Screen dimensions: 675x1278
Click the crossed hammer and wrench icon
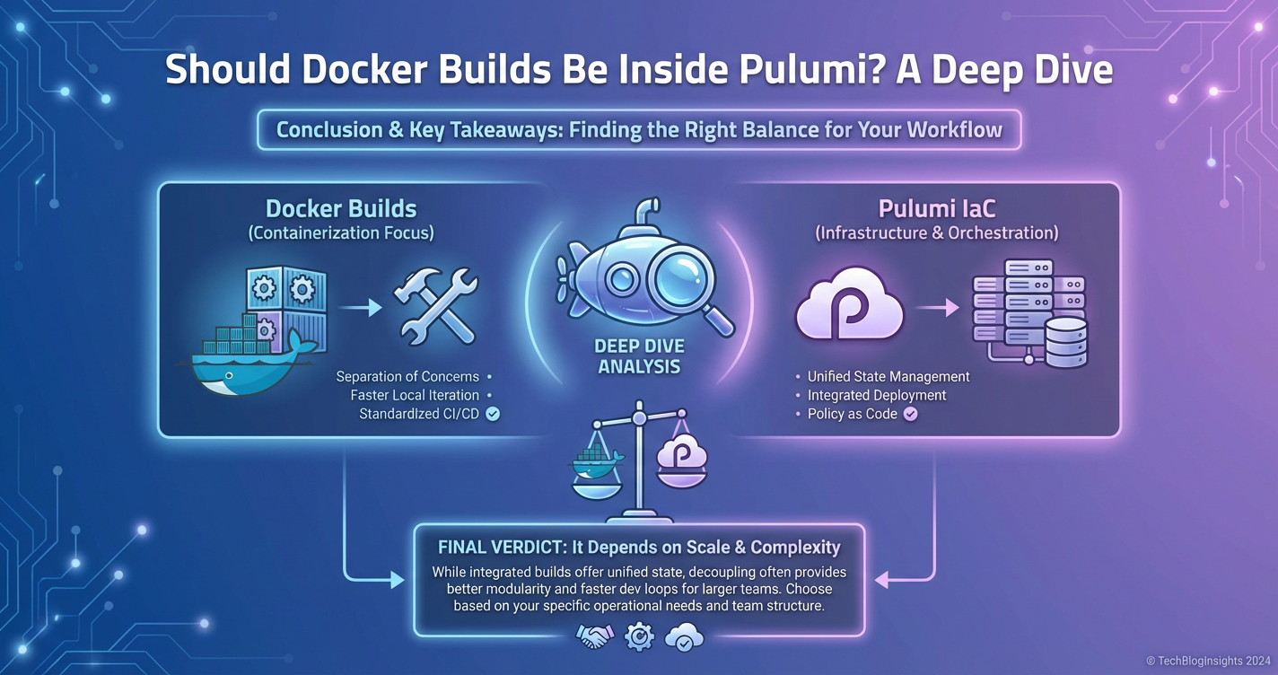click(x=436, y=306)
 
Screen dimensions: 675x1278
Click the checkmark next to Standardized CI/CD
click(x=493, y=414)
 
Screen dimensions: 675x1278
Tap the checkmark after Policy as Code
click(x=911, y=414)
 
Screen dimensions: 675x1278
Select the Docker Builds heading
click(x=341, y=209)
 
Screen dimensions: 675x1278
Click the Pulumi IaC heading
click(x=936, y=209)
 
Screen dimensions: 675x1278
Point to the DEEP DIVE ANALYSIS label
click(x=639, y=356)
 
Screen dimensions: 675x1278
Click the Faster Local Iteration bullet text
click(x=415, y=395)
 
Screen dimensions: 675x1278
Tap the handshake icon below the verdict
click(x=594, y=637)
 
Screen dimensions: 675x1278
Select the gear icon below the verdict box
click(x=639, y=637)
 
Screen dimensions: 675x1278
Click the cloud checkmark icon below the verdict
click(x=684, y=638)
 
